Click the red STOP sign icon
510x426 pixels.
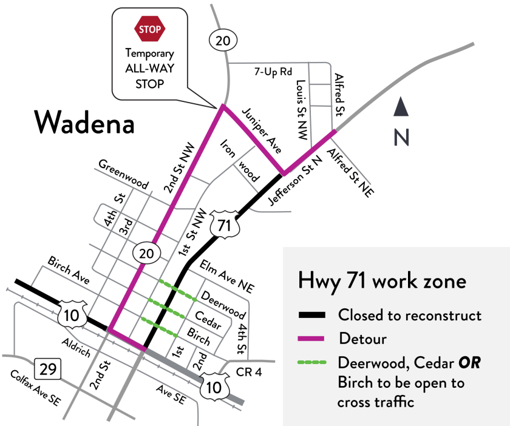pos(149,29)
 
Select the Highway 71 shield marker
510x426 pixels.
pos(223,225)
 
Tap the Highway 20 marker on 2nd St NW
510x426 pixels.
pos(148,251)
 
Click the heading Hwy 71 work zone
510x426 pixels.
pos(382,282)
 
